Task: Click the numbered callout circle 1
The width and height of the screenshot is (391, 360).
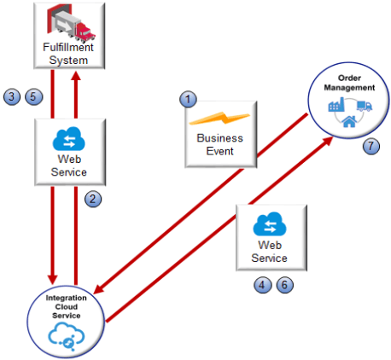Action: [x=189, y=100]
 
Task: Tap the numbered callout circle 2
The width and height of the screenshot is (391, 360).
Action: [x=95, y=199]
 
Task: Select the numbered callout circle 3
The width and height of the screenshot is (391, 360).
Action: [x=11, y=96]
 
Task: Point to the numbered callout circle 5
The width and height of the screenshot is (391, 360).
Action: [x=32, y=96]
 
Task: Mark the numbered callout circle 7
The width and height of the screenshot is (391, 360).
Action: [x=370, y=146]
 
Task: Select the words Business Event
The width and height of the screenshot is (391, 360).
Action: [x=219, y=144]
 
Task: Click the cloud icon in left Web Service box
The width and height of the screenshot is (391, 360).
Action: [x=67, y=139]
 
